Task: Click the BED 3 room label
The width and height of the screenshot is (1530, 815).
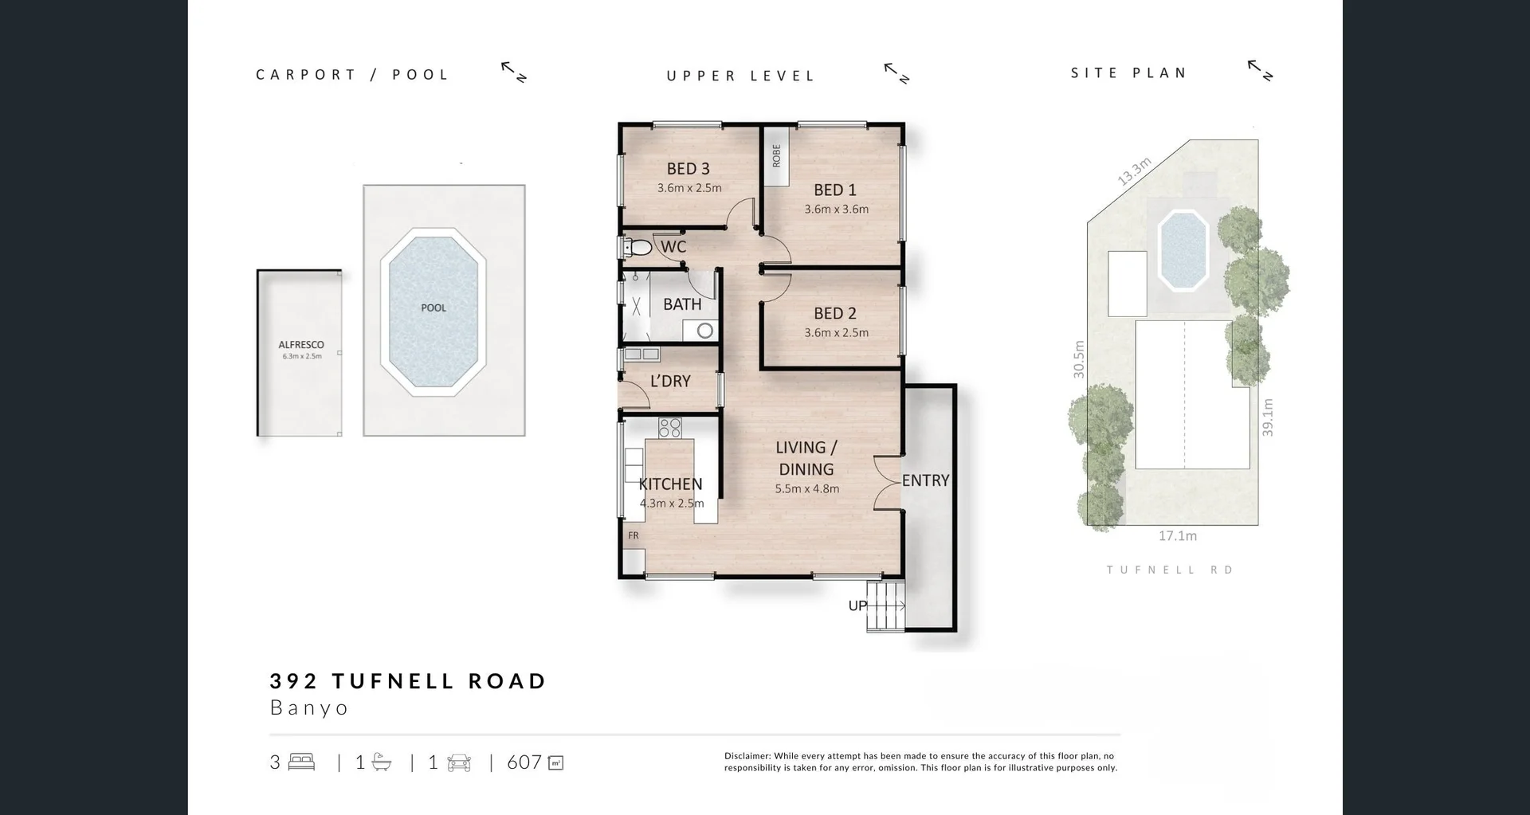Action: coord(688,169)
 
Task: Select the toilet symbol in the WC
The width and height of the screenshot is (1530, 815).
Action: coord(637,248)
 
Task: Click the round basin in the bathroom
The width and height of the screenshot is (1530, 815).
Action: coord(704,330)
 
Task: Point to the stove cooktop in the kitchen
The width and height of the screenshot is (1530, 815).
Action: coord(669,428)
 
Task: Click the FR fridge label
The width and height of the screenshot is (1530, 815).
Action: coord(634,535)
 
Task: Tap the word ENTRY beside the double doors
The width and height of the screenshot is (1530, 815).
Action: coord(925,480)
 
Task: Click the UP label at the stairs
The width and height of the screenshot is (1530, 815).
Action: coord(857,605)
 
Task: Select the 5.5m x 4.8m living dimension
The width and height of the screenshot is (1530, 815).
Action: coord(806,489)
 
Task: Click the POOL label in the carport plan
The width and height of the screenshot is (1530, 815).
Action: coord(433,308)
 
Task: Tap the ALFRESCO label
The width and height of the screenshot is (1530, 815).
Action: coord(301,345)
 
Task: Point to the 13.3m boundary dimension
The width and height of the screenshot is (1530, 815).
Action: coord(1134,172)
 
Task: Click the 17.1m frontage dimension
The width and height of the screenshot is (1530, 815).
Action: coord(1177,536)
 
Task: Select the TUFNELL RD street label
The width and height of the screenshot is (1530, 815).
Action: coord(1170,570)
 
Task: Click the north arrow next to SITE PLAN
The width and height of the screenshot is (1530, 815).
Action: coord(1260,71)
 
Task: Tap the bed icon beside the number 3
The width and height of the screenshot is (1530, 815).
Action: coord(302,762)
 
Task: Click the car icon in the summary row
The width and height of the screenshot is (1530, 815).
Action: coord(459,762)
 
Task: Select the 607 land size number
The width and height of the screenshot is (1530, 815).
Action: coord(524,762)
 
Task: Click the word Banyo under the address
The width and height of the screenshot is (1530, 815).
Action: coord(309,707)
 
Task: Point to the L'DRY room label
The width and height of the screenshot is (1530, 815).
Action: coord(670,382)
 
